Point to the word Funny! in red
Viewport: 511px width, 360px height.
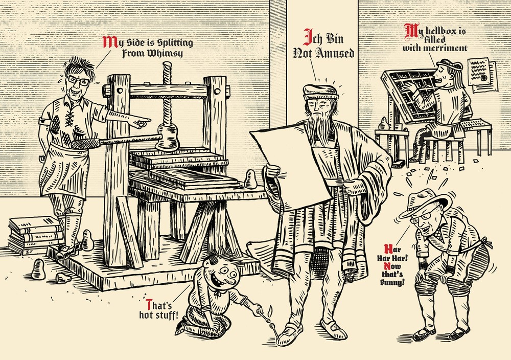pyautogui.click(x=401, y=281)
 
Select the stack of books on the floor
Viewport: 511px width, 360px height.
pyautogui.click(x=35, y=234)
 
